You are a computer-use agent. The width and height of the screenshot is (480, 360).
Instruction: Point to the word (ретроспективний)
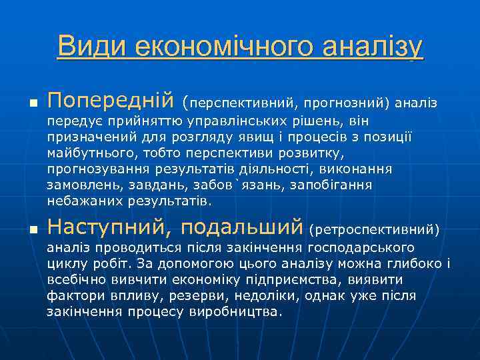pos(374,229)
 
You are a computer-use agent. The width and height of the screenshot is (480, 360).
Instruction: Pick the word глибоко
pos(418,264)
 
